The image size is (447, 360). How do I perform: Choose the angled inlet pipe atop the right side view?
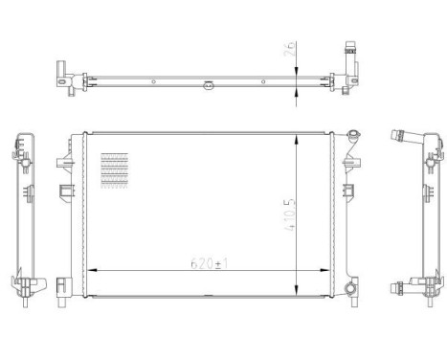point(397,142)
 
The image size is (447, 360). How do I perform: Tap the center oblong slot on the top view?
point(205,92)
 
